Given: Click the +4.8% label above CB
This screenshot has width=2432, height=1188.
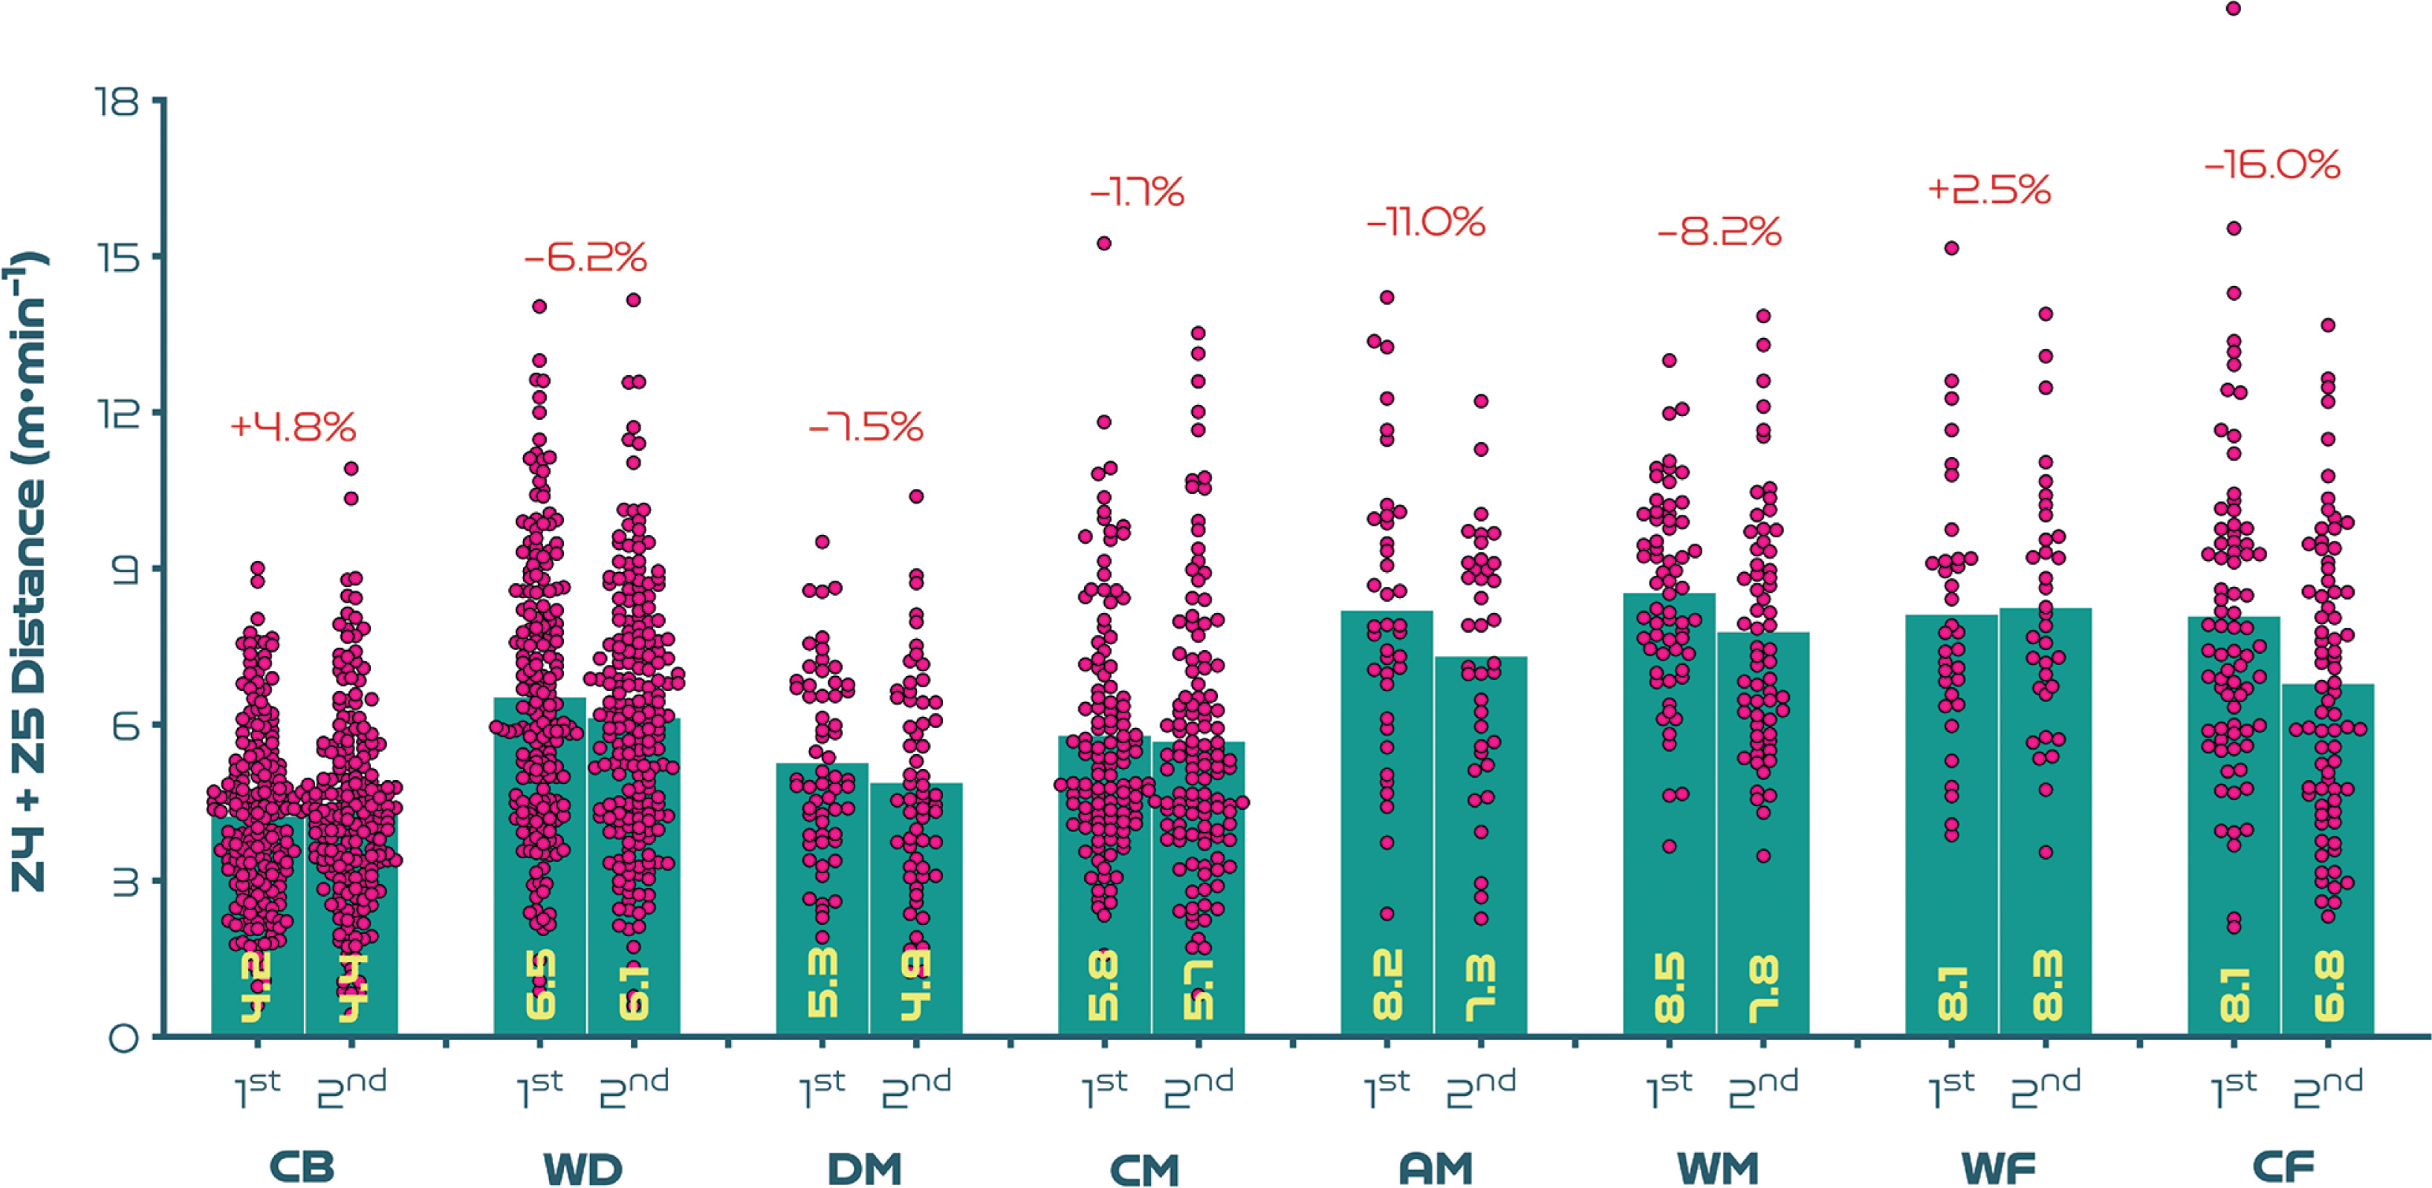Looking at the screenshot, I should pos(293,427).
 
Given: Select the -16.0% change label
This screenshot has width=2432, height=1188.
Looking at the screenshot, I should pos(2272,165).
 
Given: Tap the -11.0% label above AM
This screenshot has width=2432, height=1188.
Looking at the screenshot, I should pos(1426,223).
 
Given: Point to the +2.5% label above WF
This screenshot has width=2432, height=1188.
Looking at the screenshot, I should pos(1988,189).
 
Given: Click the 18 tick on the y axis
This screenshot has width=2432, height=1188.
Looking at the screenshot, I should pos(117,101).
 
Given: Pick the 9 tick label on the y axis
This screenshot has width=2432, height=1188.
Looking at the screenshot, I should pos(123,569).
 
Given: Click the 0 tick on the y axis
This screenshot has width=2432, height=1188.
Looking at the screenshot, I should pos(123,1039).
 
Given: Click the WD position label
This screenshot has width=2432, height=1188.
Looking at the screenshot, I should pos(583,1168).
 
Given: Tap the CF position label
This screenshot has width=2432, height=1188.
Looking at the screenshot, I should pos(2283,1167).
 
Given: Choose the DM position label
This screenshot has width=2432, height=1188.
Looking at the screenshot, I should pos(865,1168).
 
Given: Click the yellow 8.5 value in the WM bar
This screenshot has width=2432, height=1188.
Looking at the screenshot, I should pos(1669,987).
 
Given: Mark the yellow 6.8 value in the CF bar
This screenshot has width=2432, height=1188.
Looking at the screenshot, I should pos(2328,987).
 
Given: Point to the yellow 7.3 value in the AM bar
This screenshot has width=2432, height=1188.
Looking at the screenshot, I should pos(1480,987).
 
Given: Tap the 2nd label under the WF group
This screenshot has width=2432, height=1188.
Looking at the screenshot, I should pos(2045,1090).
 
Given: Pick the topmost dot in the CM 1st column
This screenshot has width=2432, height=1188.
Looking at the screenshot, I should pos(1103,244).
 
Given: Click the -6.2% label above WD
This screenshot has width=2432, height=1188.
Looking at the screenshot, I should pos(586,257).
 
